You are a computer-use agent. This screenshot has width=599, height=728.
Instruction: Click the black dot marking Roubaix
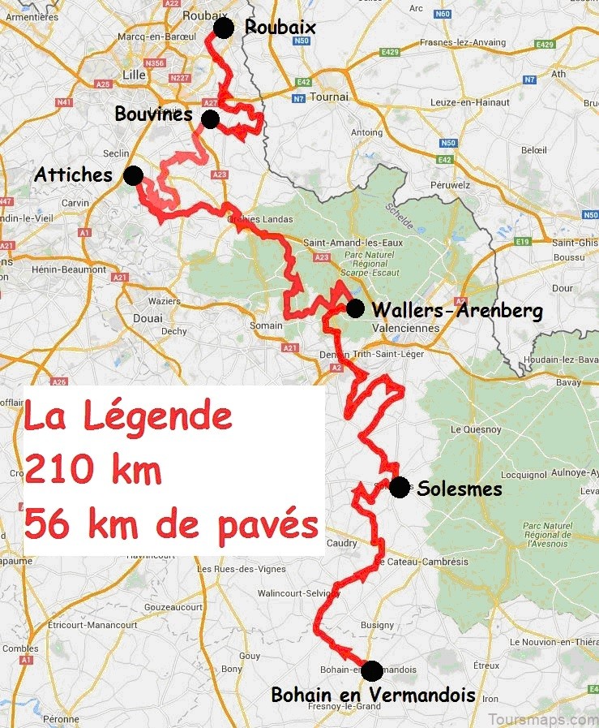click(x=224, y=28)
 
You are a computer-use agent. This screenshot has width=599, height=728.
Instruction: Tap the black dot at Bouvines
click(x=211, y=119)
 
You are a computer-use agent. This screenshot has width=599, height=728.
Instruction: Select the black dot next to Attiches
click(x=133, y=175)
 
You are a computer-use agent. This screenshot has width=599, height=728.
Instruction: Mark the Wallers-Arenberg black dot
click(x=355, y=308)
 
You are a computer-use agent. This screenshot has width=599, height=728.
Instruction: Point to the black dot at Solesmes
click(x=399, y=487)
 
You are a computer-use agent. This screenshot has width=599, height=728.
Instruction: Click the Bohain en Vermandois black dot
click(x=371, y=670)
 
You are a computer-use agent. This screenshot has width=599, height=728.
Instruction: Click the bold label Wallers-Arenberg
click(x=457, y=310)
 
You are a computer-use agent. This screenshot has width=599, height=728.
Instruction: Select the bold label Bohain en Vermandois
click(x=373, y=695)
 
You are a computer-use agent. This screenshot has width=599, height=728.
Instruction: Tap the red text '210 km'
click(x=92, y=471)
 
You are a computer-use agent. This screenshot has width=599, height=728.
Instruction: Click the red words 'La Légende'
click(x=128, y=418)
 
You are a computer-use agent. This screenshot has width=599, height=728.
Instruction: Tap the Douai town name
click(x=148, y=318)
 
